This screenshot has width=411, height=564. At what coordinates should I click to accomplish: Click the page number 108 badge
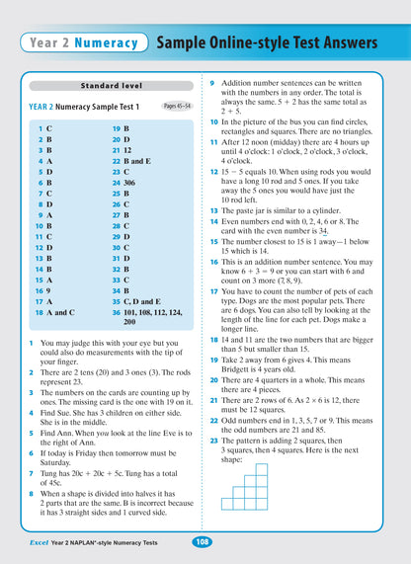pos(201,541)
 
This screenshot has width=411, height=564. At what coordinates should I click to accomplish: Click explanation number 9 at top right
pos(214,81)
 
